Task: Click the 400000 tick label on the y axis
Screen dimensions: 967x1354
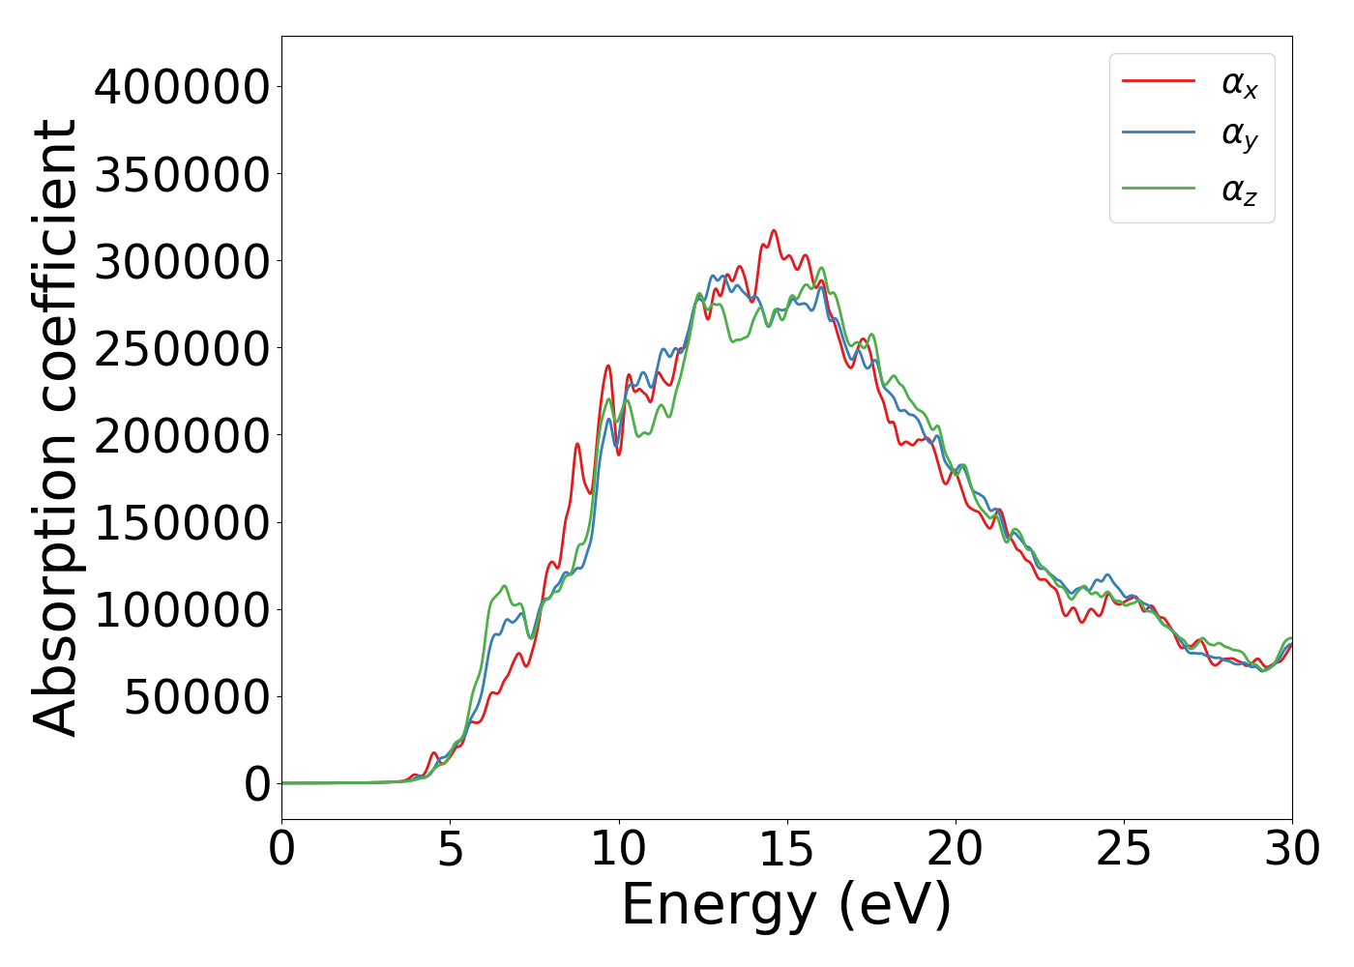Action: point(181,87)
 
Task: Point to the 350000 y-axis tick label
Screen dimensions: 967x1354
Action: point(181,174)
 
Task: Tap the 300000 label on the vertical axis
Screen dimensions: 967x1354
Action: point(181,261)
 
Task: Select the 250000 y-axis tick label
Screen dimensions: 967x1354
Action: point(181,348)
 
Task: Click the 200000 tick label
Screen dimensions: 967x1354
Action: point(181,435)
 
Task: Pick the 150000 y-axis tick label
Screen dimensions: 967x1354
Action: point(181,522)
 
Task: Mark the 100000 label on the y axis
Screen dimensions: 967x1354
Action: point(181,609)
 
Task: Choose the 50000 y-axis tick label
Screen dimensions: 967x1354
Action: point(197,696)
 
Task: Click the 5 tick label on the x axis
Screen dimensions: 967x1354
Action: point(451,850)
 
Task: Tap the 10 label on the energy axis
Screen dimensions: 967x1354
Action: point(619,850)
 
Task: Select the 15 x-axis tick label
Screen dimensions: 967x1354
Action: point(787,850)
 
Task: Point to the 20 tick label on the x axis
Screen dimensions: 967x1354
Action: point(956,850)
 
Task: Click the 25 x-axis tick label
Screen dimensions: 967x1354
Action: point(1124,850)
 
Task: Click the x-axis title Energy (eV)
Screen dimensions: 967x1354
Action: point(786,906)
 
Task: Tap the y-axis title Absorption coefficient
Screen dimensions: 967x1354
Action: point(55,427)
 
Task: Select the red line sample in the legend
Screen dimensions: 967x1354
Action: point(1159,81)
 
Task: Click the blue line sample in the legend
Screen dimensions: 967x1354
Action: point(1159,132)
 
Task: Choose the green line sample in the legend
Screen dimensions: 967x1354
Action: point(1159,187)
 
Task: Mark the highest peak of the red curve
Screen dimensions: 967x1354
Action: point(774,230)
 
